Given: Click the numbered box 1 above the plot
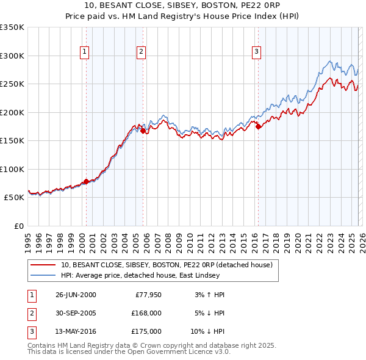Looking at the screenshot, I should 84,52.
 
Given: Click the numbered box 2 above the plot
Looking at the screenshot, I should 141,52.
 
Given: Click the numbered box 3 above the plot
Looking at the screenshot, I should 256,52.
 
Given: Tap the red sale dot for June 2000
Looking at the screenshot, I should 86,181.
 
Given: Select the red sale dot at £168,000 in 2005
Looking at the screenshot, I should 143,131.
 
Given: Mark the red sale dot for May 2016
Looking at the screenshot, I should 258,126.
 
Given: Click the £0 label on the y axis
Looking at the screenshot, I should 18,226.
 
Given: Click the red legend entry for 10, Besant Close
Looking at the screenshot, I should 170,264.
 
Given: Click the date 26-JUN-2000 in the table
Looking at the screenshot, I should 76,295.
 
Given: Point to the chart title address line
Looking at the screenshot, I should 183,7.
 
